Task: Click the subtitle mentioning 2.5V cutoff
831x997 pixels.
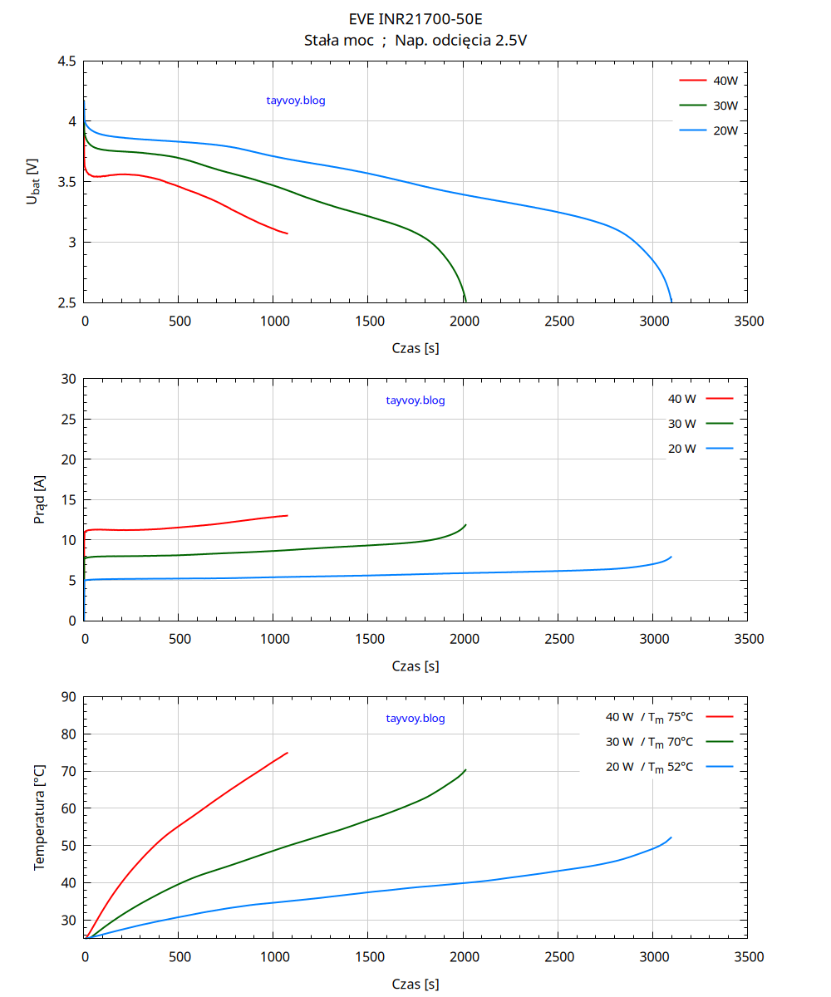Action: point(415,41)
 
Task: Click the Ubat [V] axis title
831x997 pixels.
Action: point(32,181)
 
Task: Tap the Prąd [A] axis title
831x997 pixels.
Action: point(39,499)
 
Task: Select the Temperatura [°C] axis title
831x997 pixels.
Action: point(39,818)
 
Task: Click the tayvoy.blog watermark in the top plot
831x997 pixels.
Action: point(296,101)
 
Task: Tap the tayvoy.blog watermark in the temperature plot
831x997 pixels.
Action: point(415,719)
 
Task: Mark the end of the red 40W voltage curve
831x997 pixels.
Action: point(288,233)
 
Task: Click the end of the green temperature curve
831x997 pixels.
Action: point(465,769)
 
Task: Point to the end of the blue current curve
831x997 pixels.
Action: point(671,557)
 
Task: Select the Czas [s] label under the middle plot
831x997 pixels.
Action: point(415,666)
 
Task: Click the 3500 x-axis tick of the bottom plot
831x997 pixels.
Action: point(749,957)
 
